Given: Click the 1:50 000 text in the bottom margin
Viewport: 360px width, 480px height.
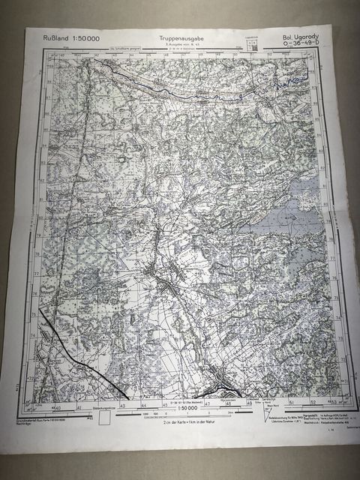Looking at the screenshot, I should (184, 407).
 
